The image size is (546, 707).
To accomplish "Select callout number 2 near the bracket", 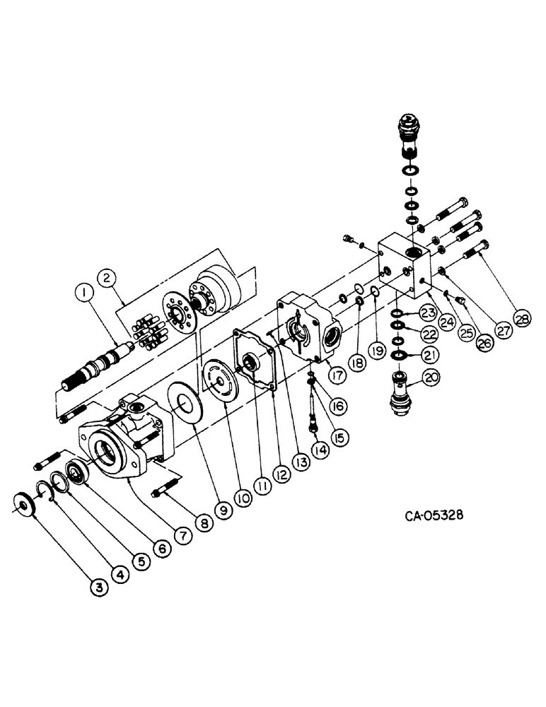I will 108,276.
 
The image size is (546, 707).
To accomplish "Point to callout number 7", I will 182,535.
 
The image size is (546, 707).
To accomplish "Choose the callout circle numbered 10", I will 243,498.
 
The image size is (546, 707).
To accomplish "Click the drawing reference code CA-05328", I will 434,515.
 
